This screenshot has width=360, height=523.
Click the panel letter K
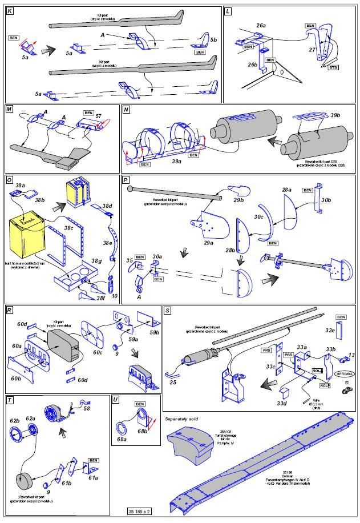[x=9, y=11]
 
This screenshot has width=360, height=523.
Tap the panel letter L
[x=228, y=11]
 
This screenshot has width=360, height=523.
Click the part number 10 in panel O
[x=115, y=296]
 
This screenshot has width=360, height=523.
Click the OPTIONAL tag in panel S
[x=345, y=373]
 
